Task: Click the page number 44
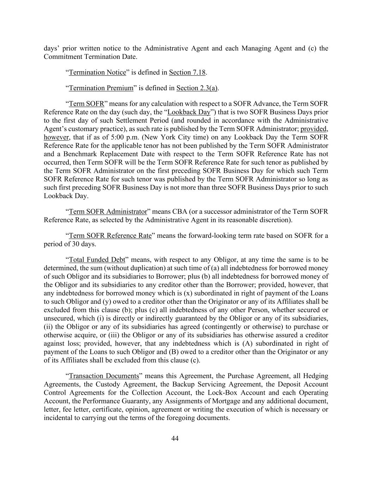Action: [175, 438]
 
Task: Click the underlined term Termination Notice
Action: [97, 73]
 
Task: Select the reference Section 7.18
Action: [187, 73]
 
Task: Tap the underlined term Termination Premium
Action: [101, 88]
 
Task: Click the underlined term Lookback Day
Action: [189, 112]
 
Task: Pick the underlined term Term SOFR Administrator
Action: [108, 212]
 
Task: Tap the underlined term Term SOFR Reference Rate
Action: [110, 236]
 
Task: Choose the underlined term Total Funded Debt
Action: [97, 260]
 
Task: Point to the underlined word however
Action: [56, 137]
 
